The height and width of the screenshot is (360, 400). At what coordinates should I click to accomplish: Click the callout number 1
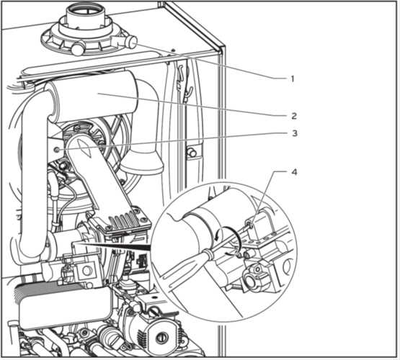tap(293, 78)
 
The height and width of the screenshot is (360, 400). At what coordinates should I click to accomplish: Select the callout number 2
tap(294, 116)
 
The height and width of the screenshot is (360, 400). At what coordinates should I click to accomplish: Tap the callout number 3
tap(295, 133)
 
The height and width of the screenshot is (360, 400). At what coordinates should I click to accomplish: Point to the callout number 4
tap(294, 172)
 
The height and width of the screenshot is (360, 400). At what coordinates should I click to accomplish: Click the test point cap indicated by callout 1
tap(132, 42)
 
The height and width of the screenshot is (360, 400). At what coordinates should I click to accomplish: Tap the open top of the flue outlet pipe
tap(85, 9)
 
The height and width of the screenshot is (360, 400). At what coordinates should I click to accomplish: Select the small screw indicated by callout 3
tap(58, 150)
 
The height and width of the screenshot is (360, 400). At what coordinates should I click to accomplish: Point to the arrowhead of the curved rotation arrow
tap(217, 238)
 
